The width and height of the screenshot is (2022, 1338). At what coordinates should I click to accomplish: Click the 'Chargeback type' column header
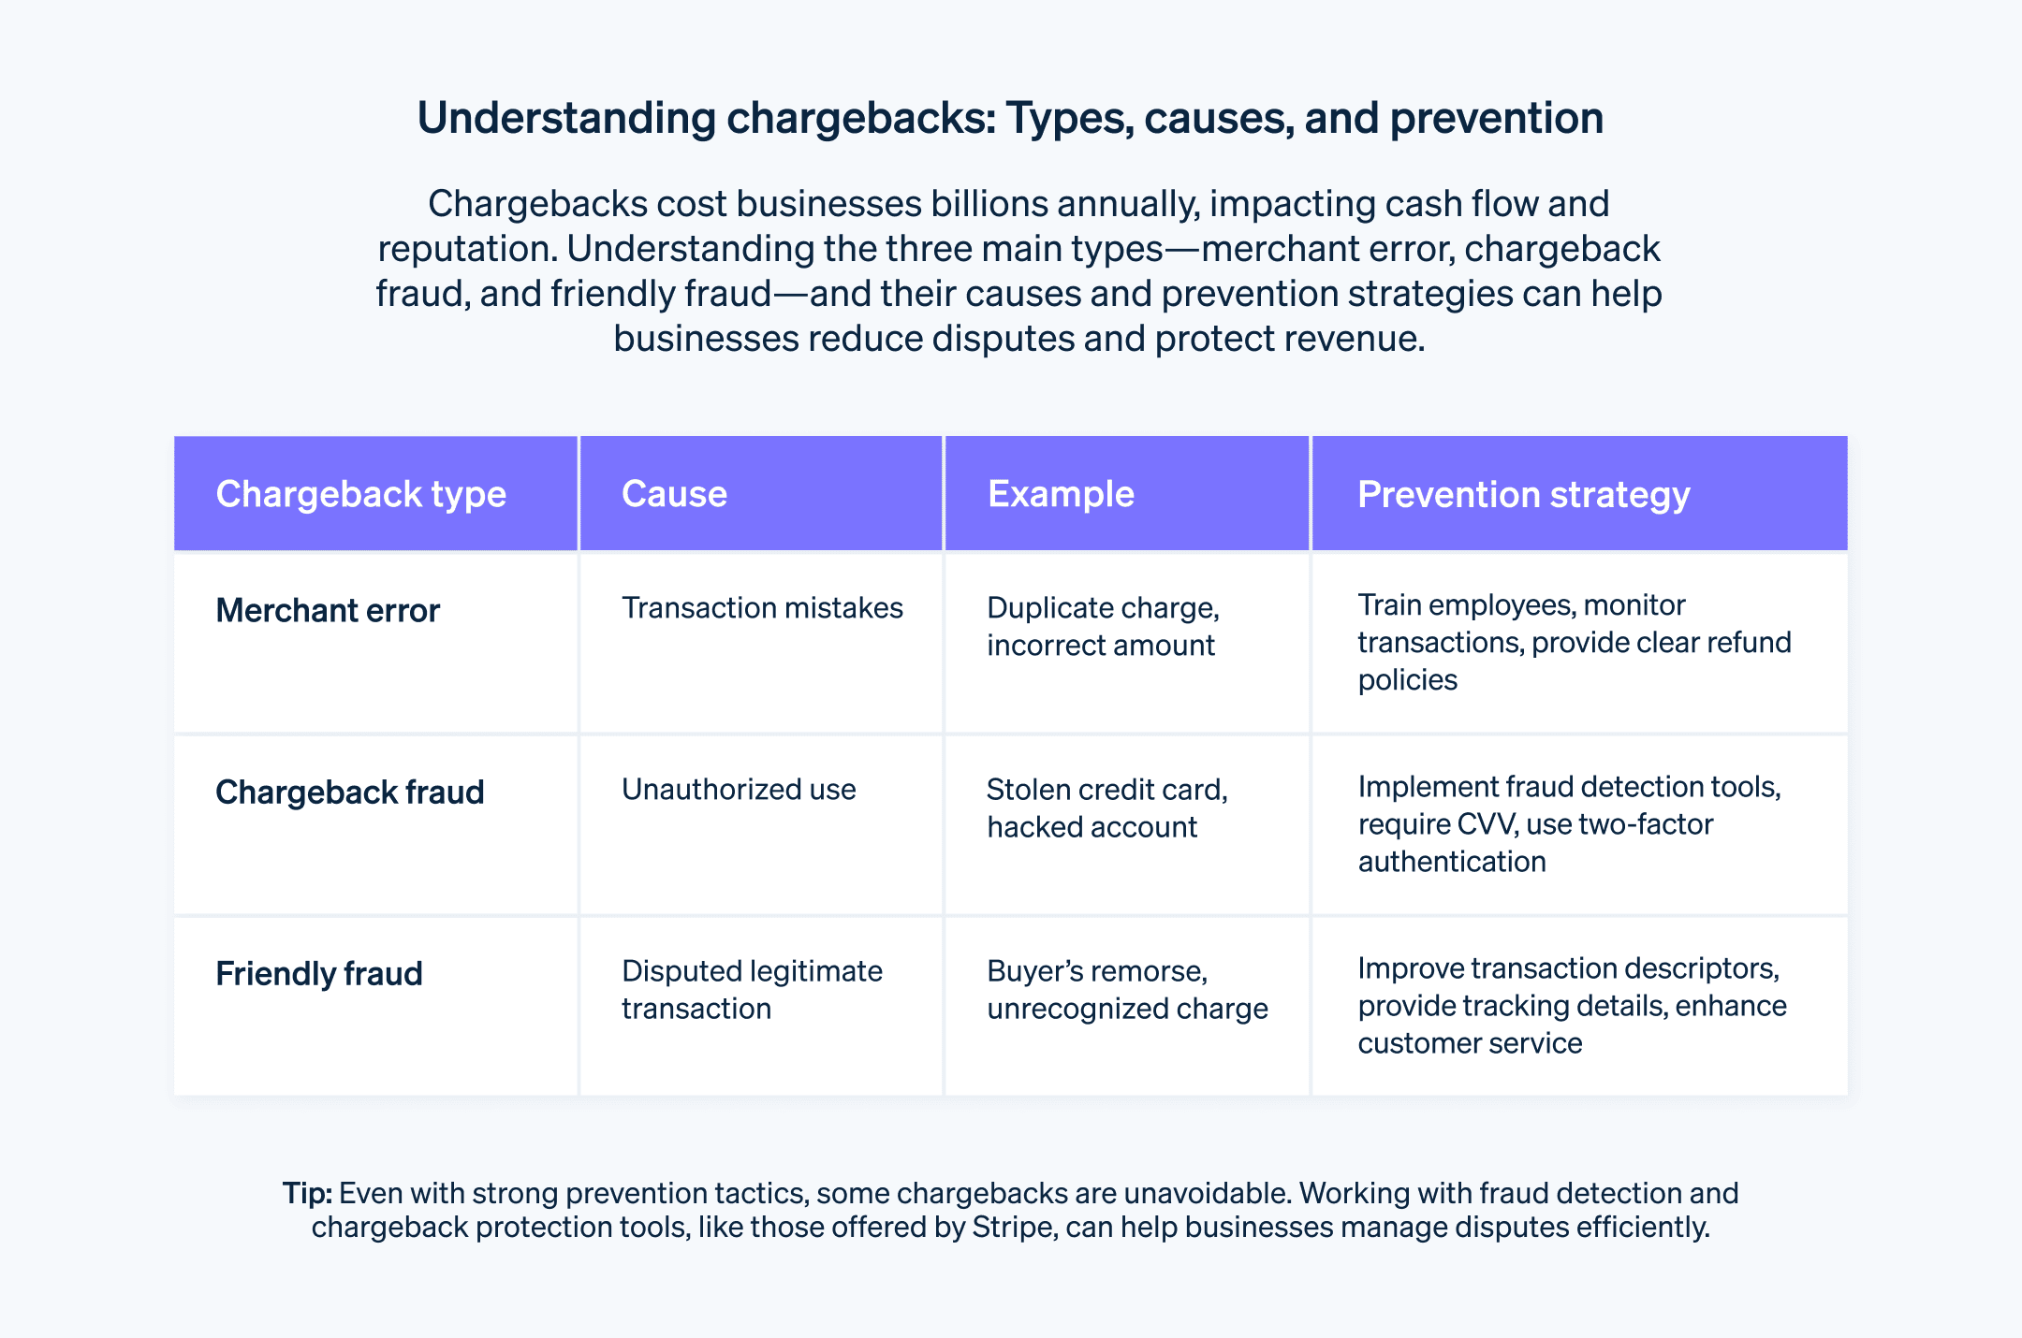(x=360, y=494)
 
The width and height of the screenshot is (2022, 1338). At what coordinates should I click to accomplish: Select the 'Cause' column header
(x=674, y=494)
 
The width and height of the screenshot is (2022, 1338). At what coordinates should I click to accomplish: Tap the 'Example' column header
(x=1061, y=494)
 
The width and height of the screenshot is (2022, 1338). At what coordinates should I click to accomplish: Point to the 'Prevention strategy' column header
(x=1523, y=495)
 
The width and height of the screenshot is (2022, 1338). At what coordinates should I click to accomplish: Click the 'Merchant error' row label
(x=328, y=611)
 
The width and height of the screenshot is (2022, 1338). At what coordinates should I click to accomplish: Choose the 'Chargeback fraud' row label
(x=349, y=793)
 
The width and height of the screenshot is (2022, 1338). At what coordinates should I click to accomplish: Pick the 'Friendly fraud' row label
(x=318, y=974)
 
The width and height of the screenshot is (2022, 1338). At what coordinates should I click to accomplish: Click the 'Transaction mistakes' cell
(x=762, y=608)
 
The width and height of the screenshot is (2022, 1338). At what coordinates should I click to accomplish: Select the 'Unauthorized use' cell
(x=739, y=790)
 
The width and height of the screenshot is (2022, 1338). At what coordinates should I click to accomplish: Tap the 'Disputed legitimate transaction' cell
(x=752, y=990)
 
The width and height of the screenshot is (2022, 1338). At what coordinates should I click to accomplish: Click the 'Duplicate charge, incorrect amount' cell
(x=1103, y=627)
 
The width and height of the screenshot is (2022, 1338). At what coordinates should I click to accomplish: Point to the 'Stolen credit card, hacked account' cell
(x=1106, y=808)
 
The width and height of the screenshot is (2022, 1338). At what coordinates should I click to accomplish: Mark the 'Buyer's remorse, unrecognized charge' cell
(x=1127, y=990)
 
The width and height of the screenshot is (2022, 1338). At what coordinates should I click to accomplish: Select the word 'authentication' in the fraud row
(x=1452, y=862)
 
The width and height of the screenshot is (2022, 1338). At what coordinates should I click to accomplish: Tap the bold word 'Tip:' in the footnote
(x=307, y=1194)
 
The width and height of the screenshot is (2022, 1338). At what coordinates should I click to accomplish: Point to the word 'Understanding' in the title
(x=566, y=119)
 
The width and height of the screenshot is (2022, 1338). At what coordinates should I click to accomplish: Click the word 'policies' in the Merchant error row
(x=1408, y=680)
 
